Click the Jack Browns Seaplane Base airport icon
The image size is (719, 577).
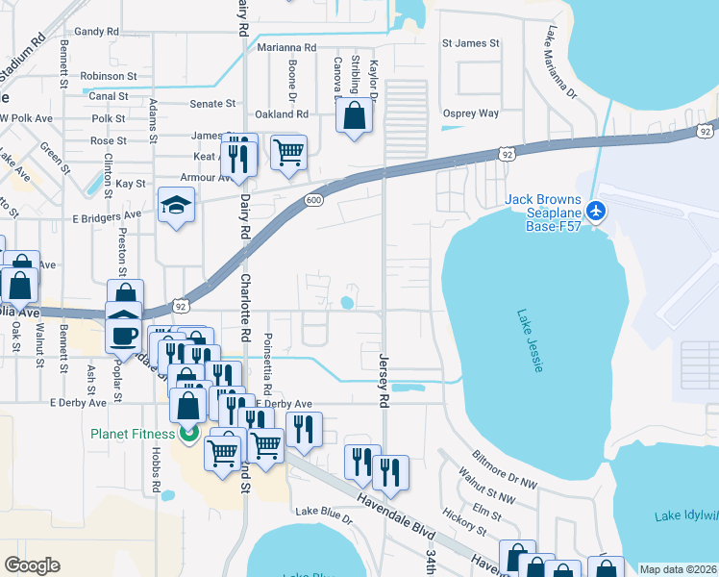click(x=596, y=210)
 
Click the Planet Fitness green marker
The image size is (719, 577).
click(x=188, y=434)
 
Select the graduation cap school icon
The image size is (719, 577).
click(x=176, y=205)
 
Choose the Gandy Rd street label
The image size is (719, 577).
click(x=96, y=32)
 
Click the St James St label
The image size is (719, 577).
click(x=470, y=43)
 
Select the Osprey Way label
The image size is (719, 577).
click(x=470, y=113)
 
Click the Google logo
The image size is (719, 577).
click(x=32, y=565)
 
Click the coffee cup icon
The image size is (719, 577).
click(x=123, y=335)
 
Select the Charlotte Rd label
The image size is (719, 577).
click(x=245, y=309)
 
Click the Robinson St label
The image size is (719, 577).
click(x=109, y=76)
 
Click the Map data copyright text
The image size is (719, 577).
click(x=677, y=569)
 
